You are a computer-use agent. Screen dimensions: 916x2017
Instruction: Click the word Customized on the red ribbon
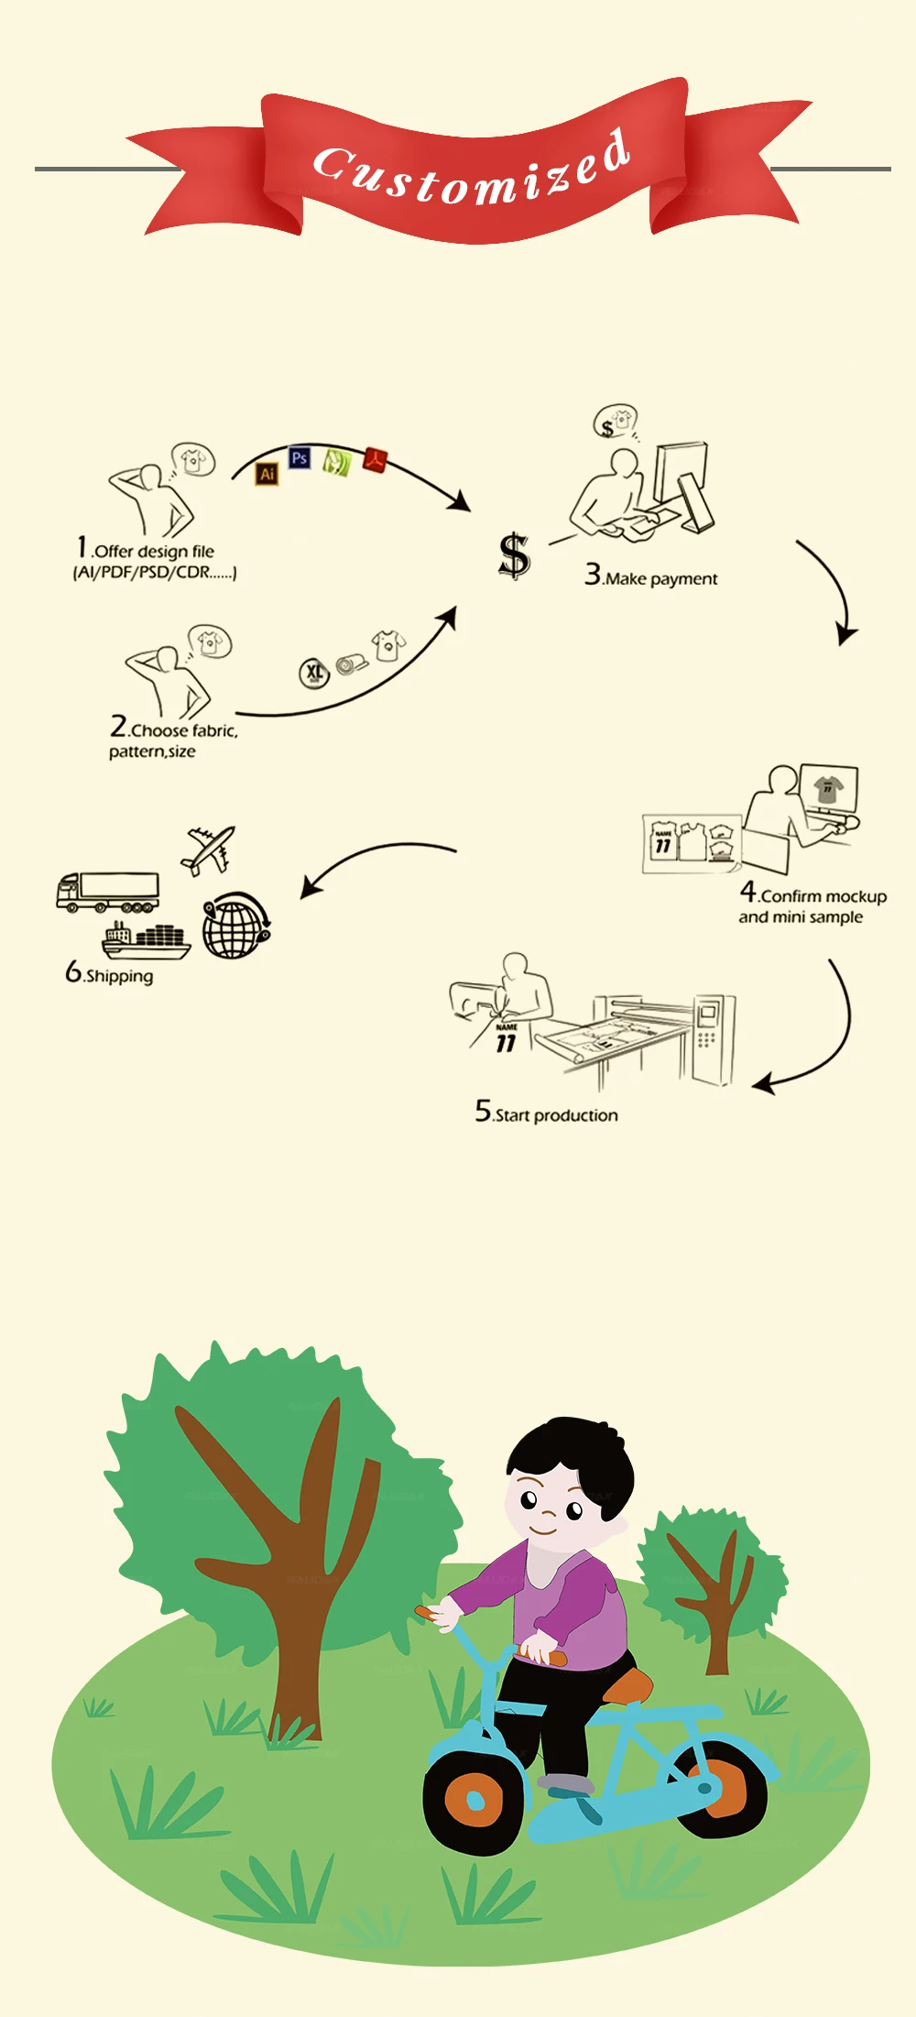(472, 170)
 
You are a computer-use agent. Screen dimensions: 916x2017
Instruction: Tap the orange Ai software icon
(267, 474)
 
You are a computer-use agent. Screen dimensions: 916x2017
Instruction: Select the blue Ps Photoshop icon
(299, 457)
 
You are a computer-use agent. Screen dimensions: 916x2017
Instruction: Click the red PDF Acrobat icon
(375, 458)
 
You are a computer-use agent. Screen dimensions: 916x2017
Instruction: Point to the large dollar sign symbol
(514, 555)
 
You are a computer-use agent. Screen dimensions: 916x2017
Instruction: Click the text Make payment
(660, 578)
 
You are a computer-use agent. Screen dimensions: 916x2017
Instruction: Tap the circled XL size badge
(314, 674)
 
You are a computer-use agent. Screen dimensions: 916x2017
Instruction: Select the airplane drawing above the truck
(210, 850)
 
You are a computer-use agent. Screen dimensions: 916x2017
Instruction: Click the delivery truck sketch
(108, 892)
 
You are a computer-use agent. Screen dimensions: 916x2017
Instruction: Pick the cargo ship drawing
(147, 940)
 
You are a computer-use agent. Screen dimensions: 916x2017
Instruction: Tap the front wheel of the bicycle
(474, 1800)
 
